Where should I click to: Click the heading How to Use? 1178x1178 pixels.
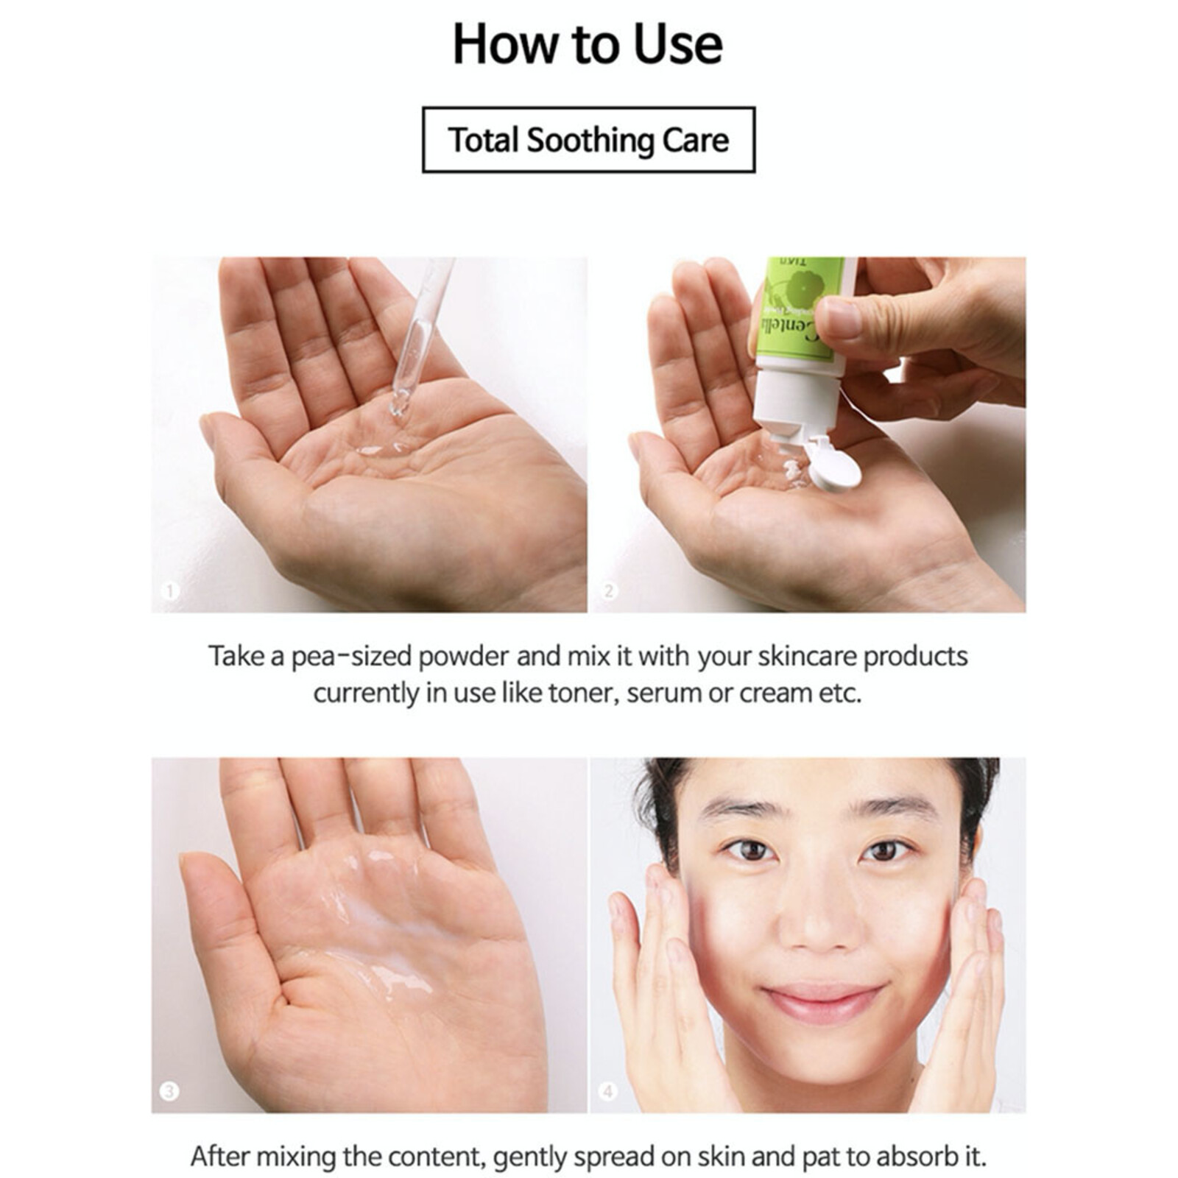tap(588, 44)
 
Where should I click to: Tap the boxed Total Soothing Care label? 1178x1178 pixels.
tap(588, 140)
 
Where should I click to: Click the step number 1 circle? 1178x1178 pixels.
tap(170, 590)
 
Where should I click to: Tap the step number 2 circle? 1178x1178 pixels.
tap(609, 590)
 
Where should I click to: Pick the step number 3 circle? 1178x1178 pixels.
tap(169, 1090)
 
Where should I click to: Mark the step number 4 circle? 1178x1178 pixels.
tap(608, 1090)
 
